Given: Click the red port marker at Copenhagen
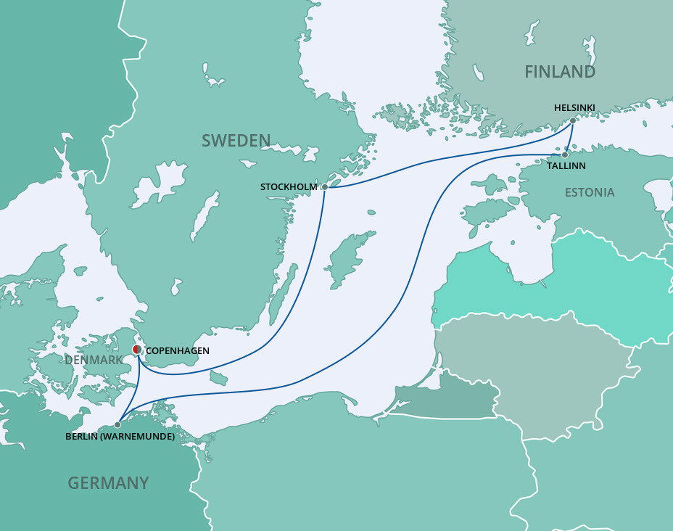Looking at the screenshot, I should pyautogui.click(x=137, y=350).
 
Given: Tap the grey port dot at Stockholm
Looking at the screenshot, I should pyautogui.click(x=325, y=187).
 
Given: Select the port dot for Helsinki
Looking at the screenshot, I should pyautogui.click(x=573, y=120).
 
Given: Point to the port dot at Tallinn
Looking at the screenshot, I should pyautogui.click(x=565, y=155).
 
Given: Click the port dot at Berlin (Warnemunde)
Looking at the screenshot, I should pyautogui.click(x=117, y=425).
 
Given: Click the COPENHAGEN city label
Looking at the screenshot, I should pyautogui.click(x=178, y=351).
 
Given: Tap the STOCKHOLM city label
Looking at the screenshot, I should pyautogui.click(x=289, y=187).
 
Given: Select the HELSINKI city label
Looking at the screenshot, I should pyautogui.click(x=574, y=107).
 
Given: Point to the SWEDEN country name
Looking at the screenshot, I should pyautogui.click(x=236, y=141).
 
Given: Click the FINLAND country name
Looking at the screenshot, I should pyautogui.click(x=560, y=72).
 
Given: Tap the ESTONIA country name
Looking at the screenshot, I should pyautogui.click(x=590, y=192).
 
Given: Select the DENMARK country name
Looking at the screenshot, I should pyautogui.click(x=94, y=360).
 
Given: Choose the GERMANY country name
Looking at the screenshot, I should pyautogui.click(x=108, y=482).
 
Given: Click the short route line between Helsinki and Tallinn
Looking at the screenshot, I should pyautogui.click(x=569, y=138).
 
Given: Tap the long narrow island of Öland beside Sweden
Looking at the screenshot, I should pyautogui.click(x=282, y=294).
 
